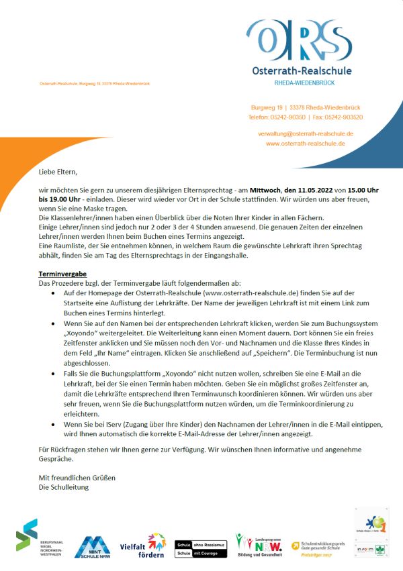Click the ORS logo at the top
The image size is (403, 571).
pyautogui.click(x=299, y=40)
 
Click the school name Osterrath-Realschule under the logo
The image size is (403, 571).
pyautogui.click(x=301, y=70)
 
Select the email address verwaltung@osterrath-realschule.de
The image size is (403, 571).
pyautogui.click(x=306, y=134)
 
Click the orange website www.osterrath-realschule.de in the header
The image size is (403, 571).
pyautogui.click(x=306, y=143)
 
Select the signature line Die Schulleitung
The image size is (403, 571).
pyautogui.click(x=64, y=486)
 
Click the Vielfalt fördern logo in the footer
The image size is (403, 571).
pyautogui.click(x=143, y=546)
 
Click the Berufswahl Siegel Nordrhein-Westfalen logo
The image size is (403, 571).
pyautogui.click(x=37, y=537)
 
